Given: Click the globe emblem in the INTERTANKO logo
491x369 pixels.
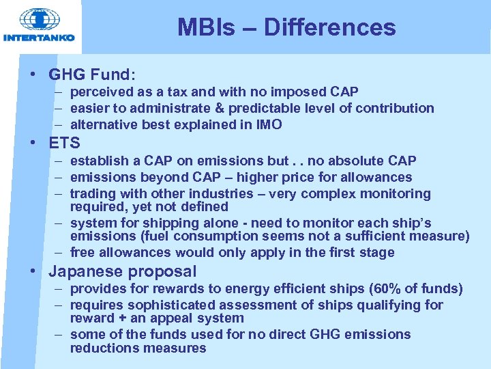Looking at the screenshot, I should pos(39,19).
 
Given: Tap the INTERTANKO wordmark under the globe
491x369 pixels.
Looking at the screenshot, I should pos(39,38).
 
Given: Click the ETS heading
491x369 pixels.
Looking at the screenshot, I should pos(65,143).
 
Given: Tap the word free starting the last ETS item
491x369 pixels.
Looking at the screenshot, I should pos(83,253).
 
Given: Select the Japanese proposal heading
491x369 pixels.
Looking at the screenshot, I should pos(123,271).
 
